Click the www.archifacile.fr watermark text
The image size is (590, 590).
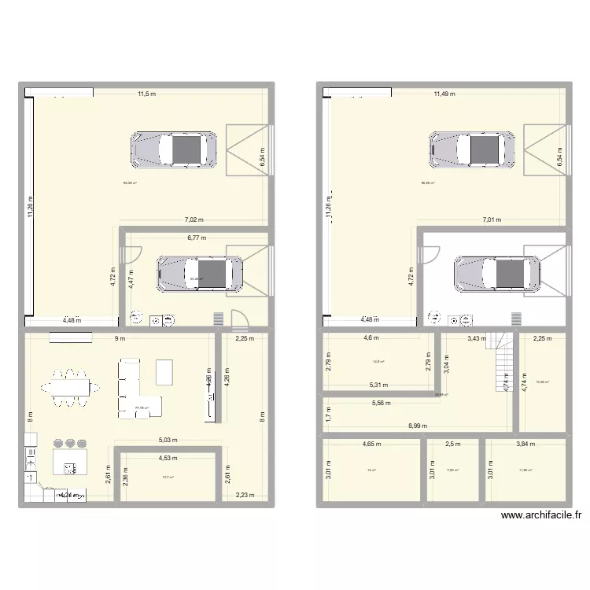click(540, 516)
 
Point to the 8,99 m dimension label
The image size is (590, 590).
click(418, 426)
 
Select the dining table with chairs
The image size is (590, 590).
click(72, 387)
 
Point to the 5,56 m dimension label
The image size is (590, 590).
click(382, 403)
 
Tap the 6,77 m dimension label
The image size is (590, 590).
click(197, 237)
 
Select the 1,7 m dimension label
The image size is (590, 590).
click(329, 414)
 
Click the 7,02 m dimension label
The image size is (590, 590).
click(193, 221)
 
